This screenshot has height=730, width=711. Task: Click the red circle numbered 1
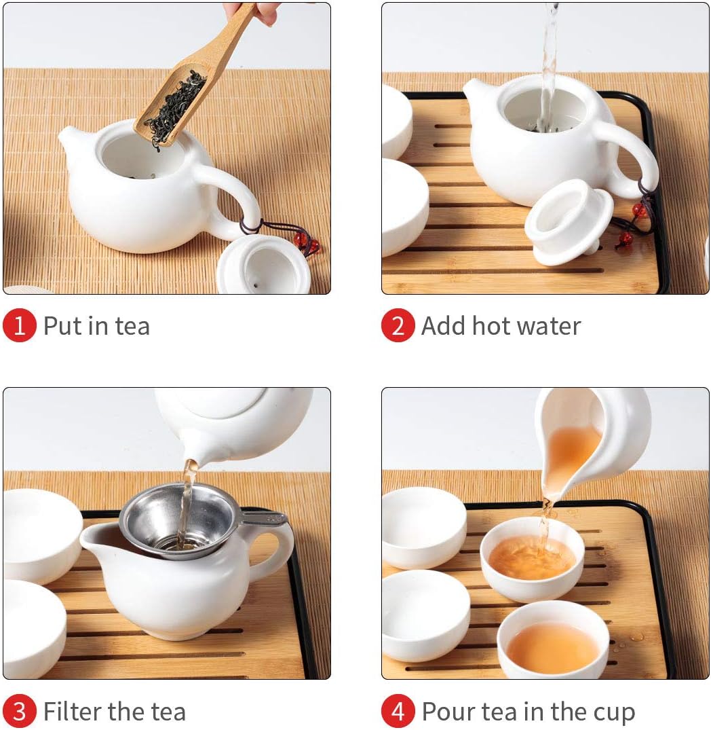20,325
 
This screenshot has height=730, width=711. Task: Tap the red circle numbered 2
398,325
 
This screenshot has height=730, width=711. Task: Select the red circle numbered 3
20,711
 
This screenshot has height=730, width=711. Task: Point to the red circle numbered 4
398,711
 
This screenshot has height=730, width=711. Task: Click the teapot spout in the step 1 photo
70,141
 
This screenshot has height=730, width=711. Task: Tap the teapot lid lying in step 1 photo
263,266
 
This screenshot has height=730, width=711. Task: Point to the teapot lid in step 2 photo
569,223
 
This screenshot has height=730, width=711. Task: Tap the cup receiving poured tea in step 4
532,559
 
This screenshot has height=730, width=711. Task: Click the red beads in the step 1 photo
307,244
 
